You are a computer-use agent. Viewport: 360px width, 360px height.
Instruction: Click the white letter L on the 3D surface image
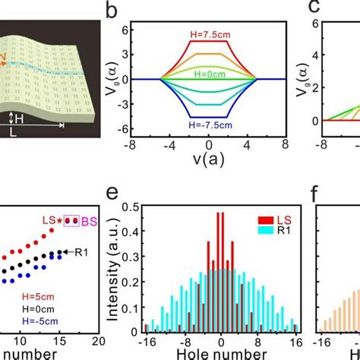pyautogui.click(x=14, y=131)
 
